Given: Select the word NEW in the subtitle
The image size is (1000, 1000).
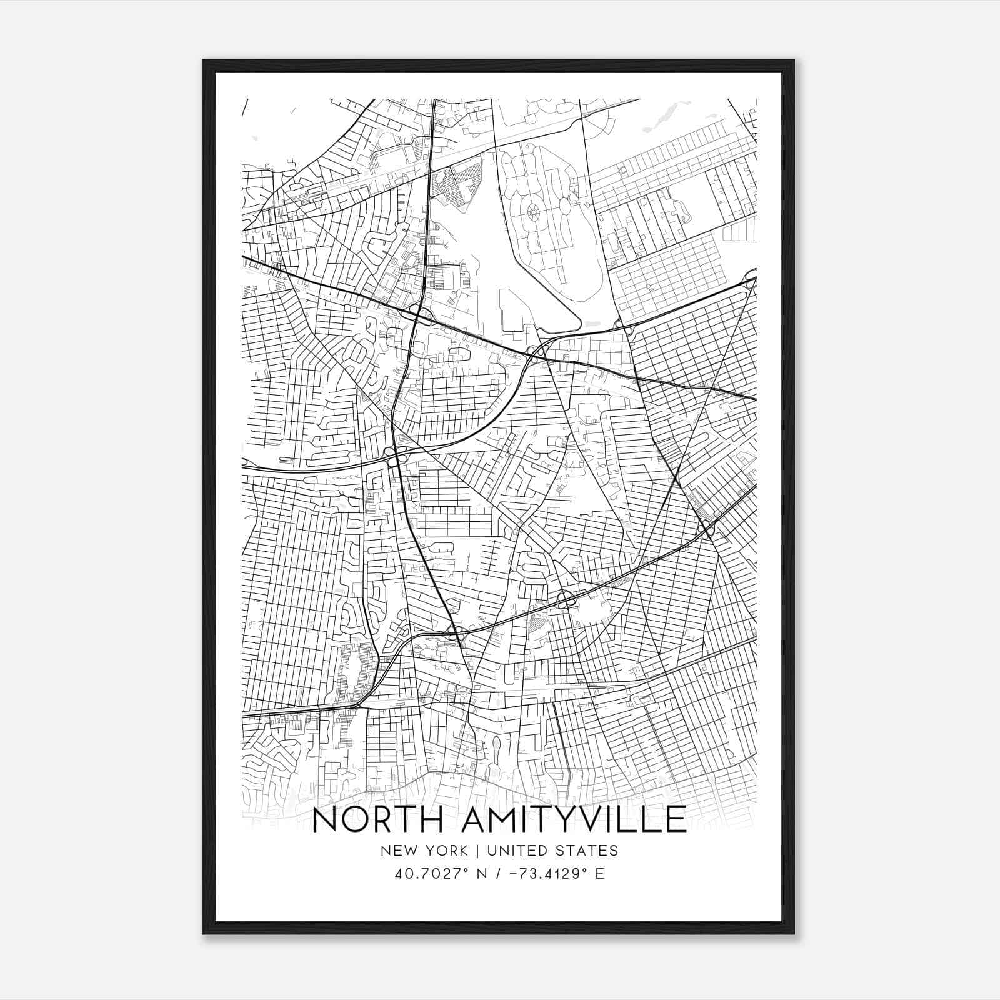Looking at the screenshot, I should [397, 851].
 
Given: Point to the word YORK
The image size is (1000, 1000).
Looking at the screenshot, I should [444, 851].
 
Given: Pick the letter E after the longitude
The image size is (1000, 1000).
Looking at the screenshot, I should [600, 874].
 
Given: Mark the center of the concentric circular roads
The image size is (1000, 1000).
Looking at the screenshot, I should [533, 214].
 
